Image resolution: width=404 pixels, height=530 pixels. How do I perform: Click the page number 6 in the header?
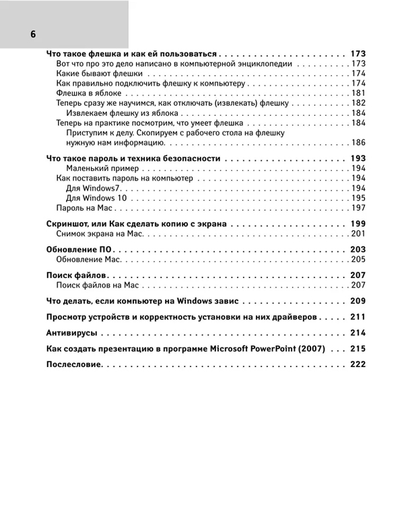[x=32, y=34]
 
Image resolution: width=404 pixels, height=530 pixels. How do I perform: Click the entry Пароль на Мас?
[x=84, y=208]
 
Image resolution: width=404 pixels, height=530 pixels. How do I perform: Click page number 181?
[x=358, y=93]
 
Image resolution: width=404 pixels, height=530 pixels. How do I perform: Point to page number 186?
[x=358, y=143]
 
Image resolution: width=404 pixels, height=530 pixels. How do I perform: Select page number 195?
[x=358, y=198]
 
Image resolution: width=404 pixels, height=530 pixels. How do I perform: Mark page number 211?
[x=358, y=317]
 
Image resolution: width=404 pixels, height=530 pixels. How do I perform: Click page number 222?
[x=358, y=364]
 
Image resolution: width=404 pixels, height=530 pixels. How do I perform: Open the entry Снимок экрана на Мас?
[x=101, y=234]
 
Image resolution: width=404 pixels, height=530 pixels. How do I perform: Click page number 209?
[x=358, y=301]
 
